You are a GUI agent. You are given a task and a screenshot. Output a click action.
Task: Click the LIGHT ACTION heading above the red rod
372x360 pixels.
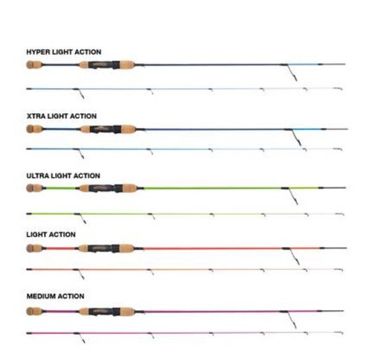[x=51, y=234]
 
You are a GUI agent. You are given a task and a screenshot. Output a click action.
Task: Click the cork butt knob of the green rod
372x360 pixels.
[x=34, y=188]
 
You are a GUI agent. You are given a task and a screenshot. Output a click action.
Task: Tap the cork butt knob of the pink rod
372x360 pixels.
[x=34, y=311]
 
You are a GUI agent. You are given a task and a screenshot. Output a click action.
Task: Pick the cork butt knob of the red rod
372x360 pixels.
[x=34, y=248]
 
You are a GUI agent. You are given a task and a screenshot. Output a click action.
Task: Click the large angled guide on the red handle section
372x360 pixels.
[x=292, y=255]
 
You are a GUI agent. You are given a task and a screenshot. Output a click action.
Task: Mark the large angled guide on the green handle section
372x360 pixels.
[x=291, y=196]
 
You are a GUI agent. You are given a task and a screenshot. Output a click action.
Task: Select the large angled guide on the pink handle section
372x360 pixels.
[x=289, y=319]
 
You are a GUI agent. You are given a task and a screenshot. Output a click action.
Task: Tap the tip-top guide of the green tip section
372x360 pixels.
[x=340, y=214]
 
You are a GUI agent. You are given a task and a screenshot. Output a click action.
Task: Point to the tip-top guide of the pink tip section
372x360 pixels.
[x=339, y=333]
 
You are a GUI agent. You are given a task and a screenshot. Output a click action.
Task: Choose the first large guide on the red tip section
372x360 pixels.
[x=80, y=274]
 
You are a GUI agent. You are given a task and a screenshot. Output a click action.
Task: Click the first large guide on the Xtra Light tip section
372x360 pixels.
[x=79, y=153]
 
